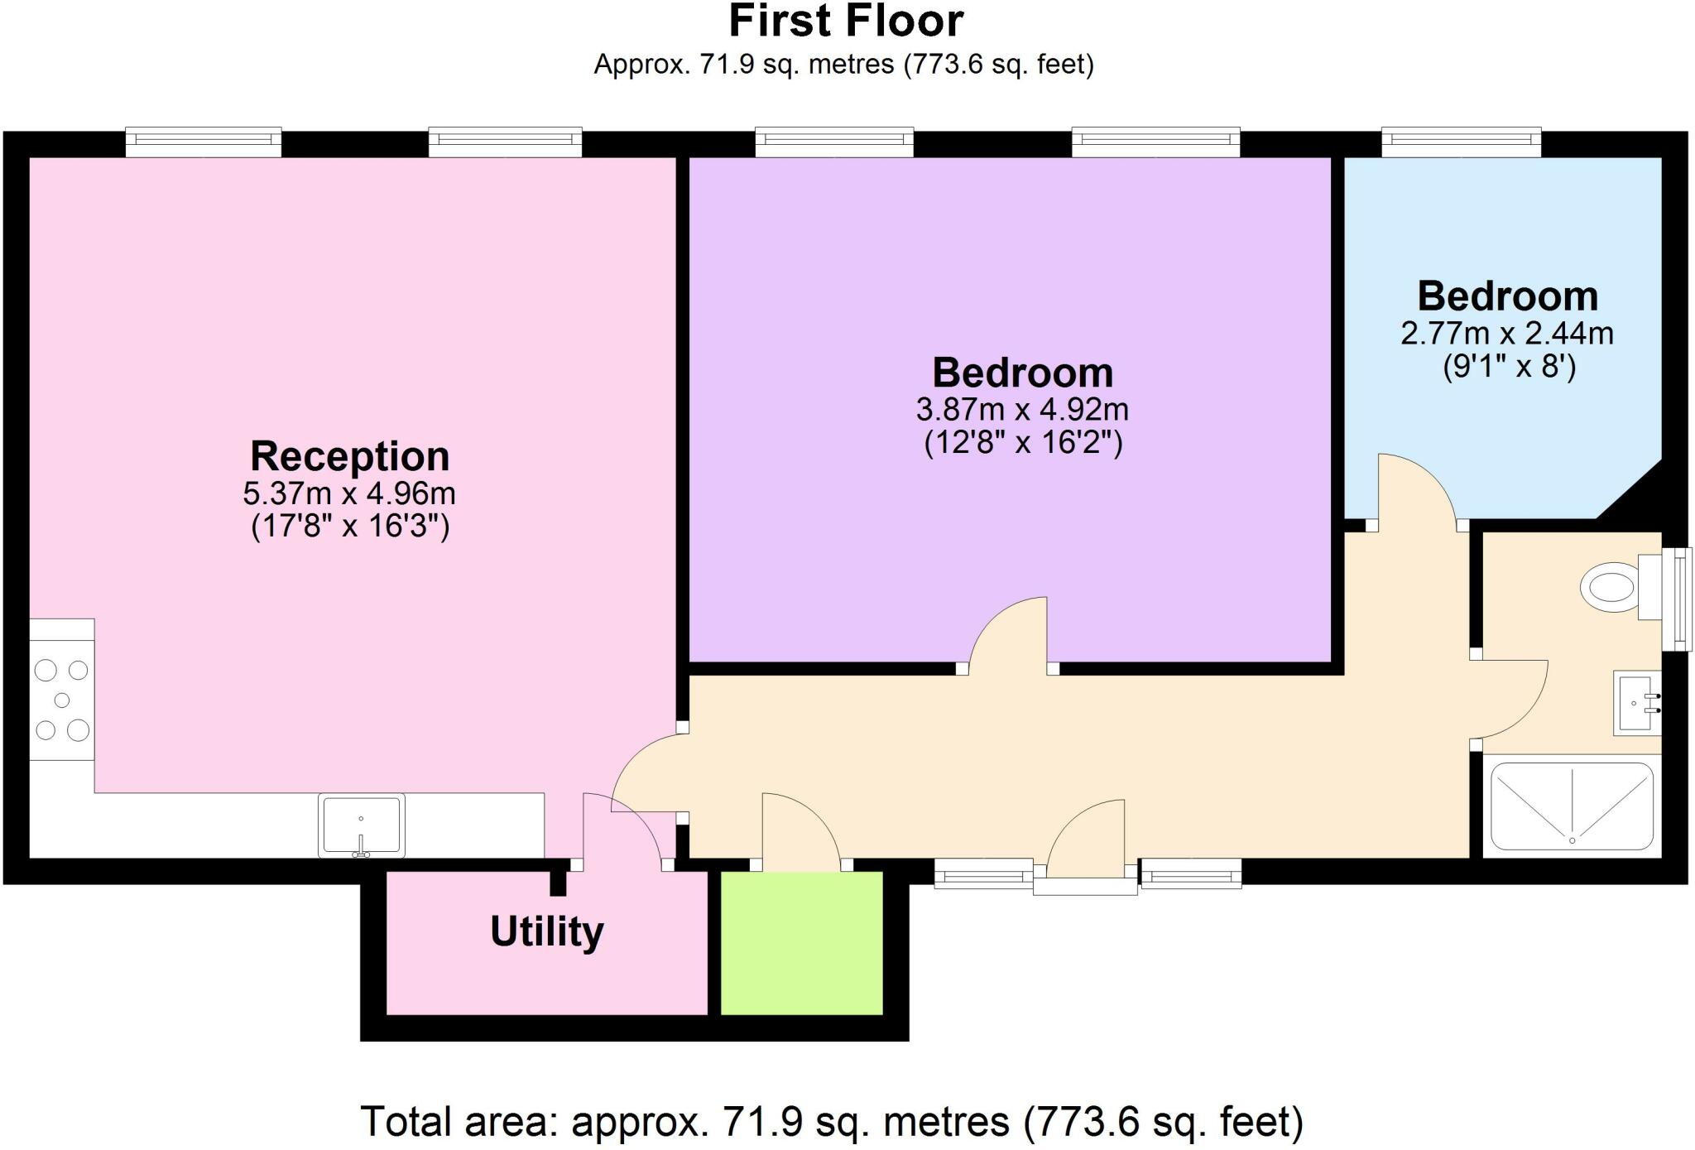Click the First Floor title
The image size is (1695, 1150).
tap(845, 22)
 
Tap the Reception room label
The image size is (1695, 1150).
tap(349, 456)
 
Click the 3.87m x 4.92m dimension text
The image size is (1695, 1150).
tap(1022, 410)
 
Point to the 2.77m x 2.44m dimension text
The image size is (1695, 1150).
tap(1506, 334)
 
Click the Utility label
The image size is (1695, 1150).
tap(546, 932)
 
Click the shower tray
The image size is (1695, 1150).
tap(1571, 806)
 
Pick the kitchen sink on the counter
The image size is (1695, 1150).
tap(362, 825)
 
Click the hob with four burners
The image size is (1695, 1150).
tap(62, 700)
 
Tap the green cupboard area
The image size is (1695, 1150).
tap(801, 943)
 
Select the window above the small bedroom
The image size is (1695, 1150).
tap(1461, 142)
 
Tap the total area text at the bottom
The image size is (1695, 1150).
tap(831, 1123)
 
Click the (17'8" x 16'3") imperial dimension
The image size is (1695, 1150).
tap(349, 527)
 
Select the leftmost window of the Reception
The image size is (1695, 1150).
tap(203, 142)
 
